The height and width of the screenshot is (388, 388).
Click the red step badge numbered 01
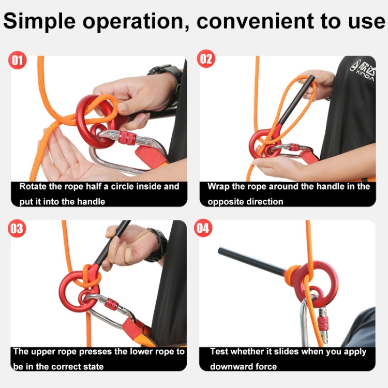[x=17, y=60]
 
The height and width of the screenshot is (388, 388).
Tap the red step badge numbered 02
[x=206, y=58]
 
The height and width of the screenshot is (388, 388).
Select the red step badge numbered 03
[x=17, y=228]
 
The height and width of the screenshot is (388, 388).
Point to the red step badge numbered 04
[x=203, y=228]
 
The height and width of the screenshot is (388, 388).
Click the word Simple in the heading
[x=39, y=22]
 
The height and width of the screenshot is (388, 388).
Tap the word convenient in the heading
[x=256, y=21]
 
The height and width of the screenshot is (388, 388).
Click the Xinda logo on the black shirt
[x=363, y=70]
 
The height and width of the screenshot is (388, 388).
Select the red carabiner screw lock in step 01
[x=127, y=138]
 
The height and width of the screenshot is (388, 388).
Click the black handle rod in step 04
[x=251, y=261]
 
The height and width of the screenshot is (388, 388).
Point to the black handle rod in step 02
[x=296, y=100]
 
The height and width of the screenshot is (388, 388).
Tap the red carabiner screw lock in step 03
[x=111, y=304]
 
